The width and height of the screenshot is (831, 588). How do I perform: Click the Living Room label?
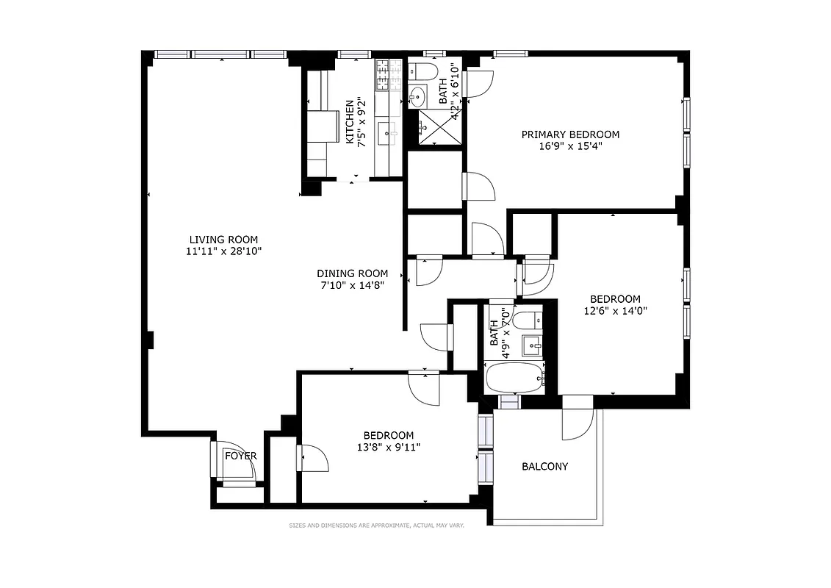[223, 240]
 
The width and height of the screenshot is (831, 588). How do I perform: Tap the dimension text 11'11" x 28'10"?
[223, 251]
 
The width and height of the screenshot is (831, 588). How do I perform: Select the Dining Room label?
[352, 273]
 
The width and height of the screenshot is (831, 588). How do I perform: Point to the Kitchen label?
[350, 121]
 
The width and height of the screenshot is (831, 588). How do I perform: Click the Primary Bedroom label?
[570, 135]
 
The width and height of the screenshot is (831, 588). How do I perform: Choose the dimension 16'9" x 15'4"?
[570, 146]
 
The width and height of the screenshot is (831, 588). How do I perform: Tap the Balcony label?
[544, 467]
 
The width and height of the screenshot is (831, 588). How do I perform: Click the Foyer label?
[241, 456]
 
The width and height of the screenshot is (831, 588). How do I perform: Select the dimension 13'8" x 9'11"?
[388, 447]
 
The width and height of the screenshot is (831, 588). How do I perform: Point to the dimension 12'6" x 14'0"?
[615, 311]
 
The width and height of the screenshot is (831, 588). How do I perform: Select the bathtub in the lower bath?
[514, 378]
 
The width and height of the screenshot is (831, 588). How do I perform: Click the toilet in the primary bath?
[422, 71]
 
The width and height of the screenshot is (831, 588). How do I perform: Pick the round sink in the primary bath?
[417, 96]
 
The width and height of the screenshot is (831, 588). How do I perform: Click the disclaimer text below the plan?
[376, 526]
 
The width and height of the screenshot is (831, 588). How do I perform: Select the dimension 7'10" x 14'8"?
[352, 285]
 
